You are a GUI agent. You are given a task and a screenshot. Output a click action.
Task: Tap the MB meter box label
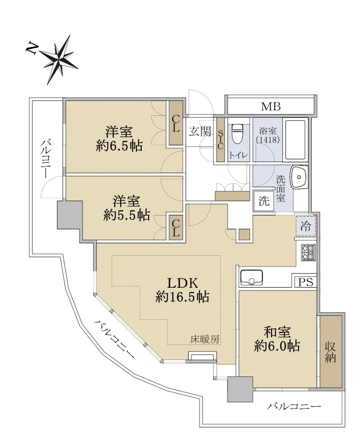coord(271,107)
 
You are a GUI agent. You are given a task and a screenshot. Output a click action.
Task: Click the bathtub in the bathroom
coord(295,140)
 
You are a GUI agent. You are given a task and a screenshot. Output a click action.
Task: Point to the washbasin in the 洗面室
coord(299,177)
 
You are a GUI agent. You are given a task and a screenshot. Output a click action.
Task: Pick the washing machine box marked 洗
coord(264,201)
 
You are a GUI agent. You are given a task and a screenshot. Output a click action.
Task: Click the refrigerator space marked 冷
coord(306,226)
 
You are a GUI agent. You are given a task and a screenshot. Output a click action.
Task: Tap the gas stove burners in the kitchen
coord(309,252)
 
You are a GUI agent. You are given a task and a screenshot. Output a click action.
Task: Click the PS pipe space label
coord(305,282)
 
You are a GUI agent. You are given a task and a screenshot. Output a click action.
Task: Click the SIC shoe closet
coord(221,140)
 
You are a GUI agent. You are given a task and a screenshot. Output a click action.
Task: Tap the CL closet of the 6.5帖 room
coord(176,123)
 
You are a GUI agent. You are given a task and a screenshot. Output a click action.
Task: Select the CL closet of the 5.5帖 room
coord(176,228)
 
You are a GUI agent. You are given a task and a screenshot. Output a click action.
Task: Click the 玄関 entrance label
coord(200,132)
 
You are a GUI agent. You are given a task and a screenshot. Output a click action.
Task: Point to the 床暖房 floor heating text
coord(205,339)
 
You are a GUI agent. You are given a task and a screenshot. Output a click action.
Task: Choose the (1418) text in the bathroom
coord(267,140)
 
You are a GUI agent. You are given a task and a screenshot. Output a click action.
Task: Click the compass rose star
coord(59,59)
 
